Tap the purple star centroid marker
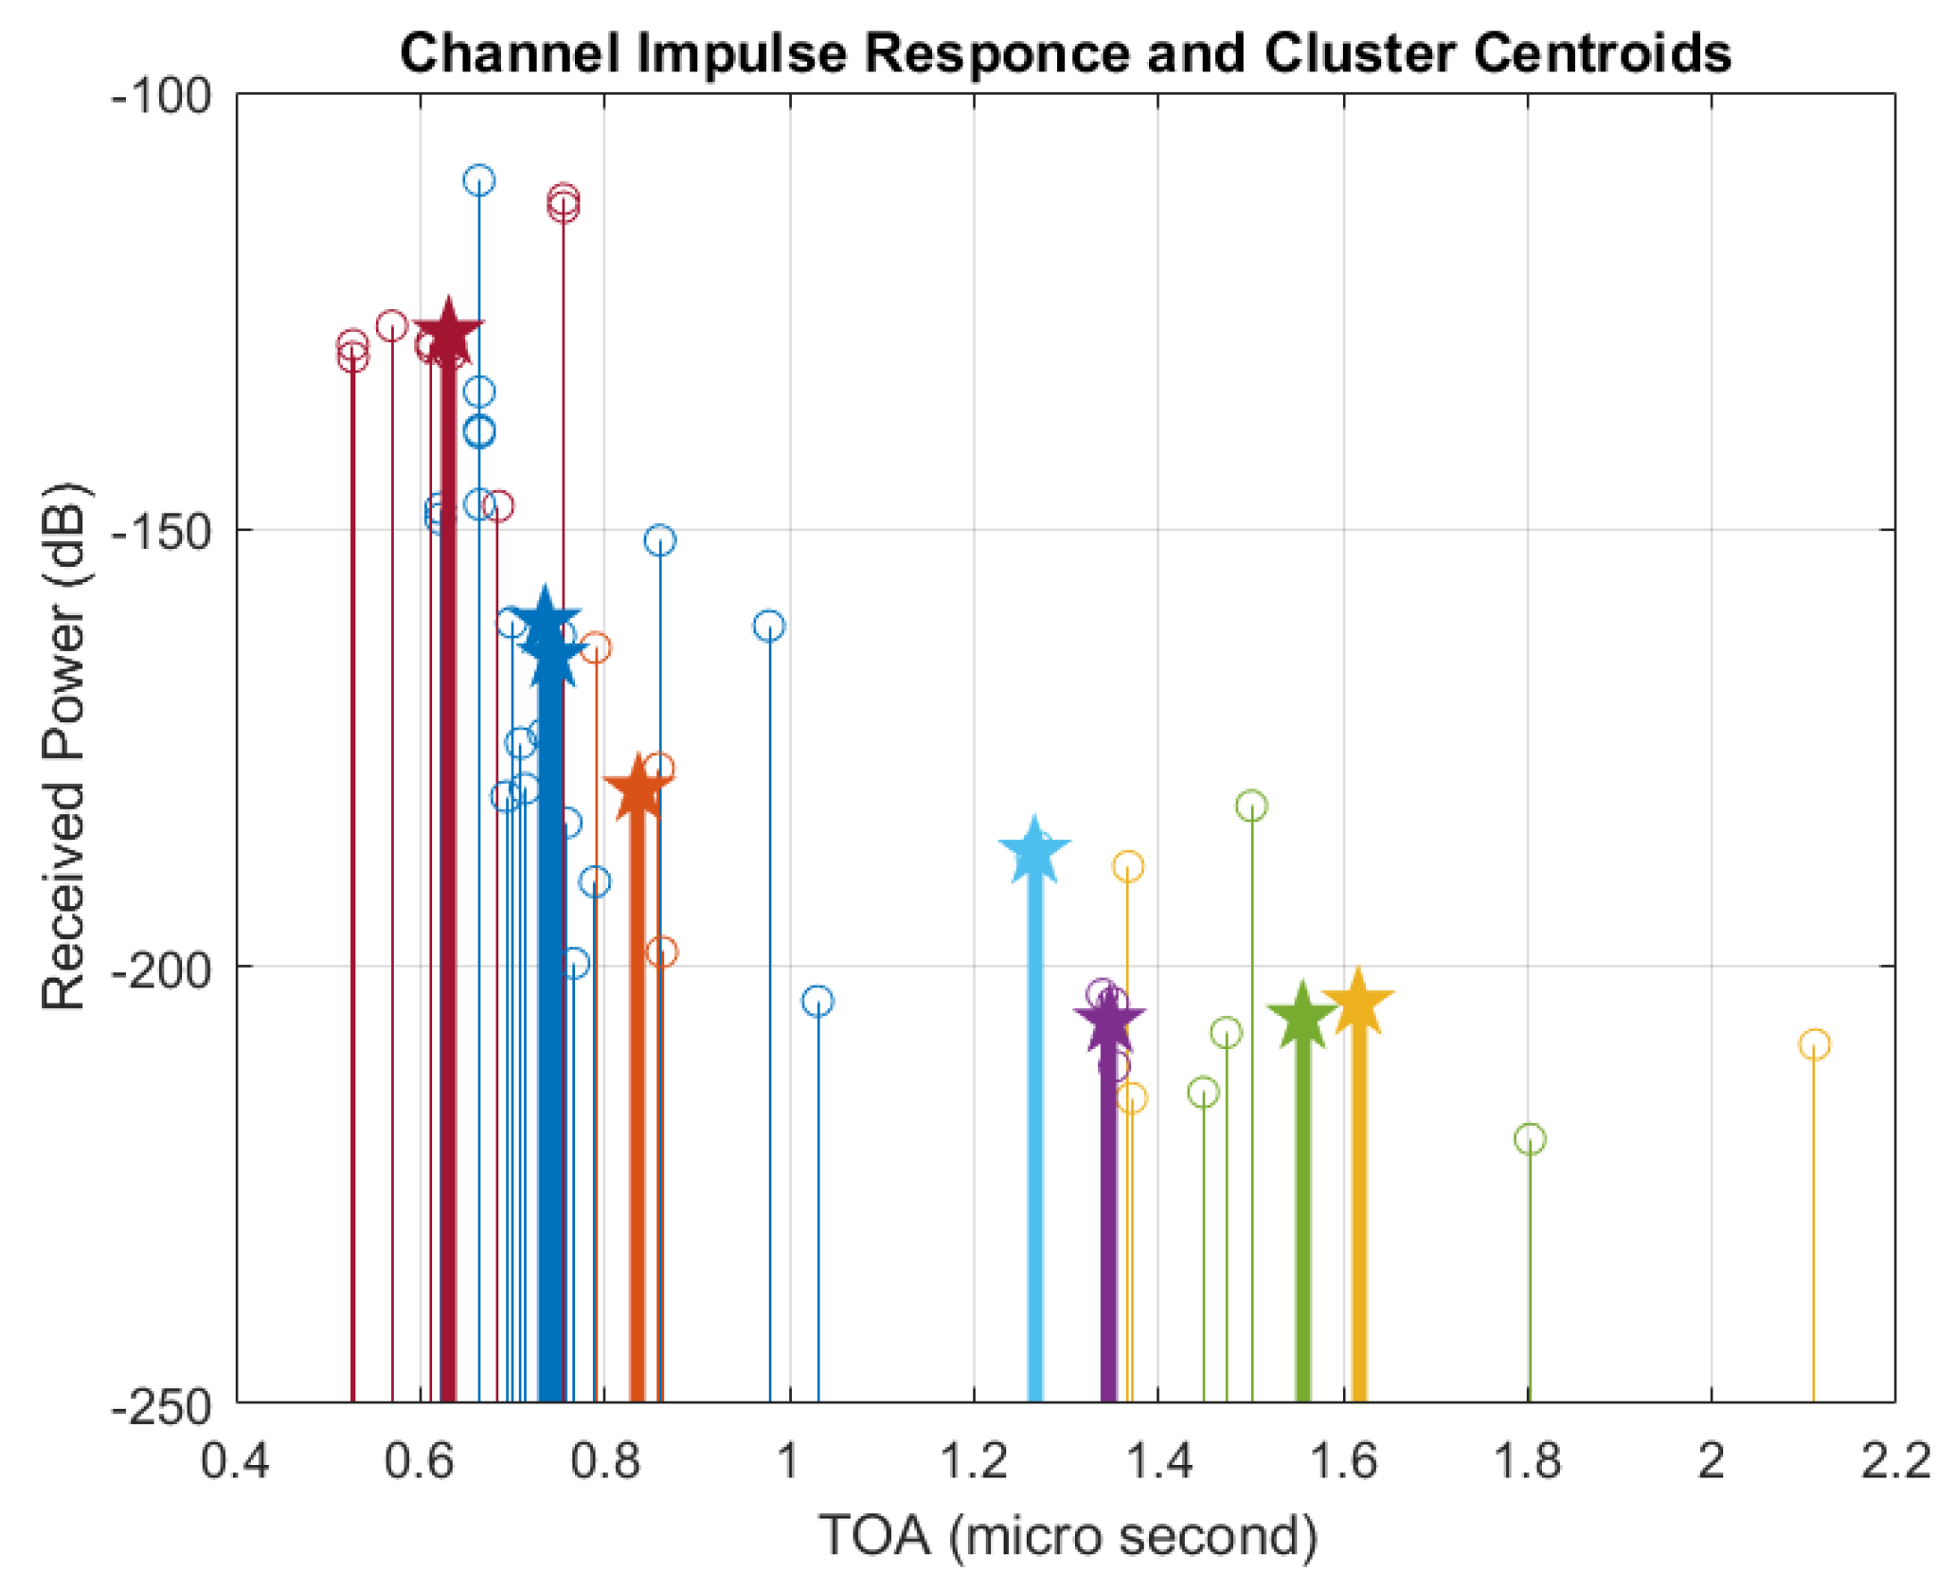click(x=1108, y=1020)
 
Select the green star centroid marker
click(x=1302, y=1018)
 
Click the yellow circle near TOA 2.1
click(x=1813, y=1045)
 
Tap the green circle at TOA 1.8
click(x=1529, y=1139)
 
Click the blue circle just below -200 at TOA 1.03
click(x=817, y=1001)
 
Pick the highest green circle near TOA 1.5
click(x=1251, y=806)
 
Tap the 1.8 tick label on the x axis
click(x=1527, y=1461)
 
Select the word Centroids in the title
click(x=1602, y=54)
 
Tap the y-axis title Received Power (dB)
click(x=64, y=746)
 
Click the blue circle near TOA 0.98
click(x=769, y=627)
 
